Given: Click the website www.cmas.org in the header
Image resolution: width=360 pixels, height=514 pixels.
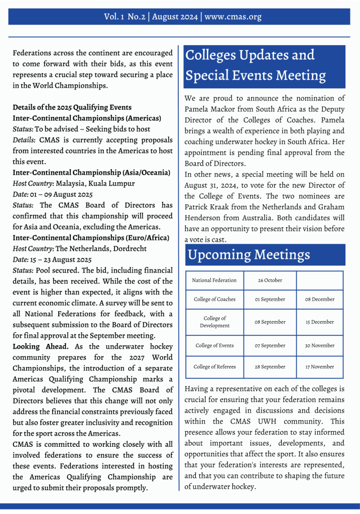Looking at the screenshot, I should click(233, 17).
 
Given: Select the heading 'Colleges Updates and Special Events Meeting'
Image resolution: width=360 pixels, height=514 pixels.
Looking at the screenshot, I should click(256, 65).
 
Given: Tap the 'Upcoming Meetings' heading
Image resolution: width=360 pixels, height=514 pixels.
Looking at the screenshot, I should click(249, 255).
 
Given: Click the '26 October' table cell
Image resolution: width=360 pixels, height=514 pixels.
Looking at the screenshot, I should click(270, 280).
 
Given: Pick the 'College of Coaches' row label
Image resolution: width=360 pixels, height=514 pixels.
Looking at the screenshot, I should click(214, 299).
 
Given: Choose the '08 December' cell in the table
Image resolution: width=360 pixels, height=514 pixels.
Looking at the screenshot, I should click(320, 299).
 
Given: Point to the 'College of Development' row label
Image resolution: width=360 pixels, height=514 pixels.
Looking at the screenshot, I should click(214, 322).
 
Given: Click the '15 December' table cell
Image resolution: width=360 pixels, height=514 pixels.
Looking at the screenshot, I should click(320, 322).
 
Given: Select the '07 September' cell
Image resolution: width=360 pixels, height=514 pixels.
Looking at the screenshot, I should click(270, 345).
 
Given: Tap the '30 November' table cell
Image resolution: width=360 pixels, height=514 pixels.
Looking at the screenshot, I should click(320, 345).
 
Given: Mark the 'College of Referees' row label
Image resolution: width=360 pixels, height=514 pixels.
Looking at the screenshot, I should click(214, 367).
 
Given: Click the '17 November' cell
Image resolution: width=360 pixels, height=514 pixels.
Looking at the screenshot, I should click(320, 367).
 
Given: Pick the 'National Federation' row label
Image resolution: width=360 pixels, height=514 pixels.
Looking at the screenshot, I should click(214, 280).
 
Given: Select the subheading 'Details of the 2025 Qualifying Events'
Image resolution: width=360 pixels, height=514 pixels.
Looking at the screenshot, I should click(72, 107).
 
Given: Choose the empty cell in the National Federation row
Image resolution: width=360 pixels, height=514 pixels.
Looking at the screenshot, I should click(320, 280).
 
